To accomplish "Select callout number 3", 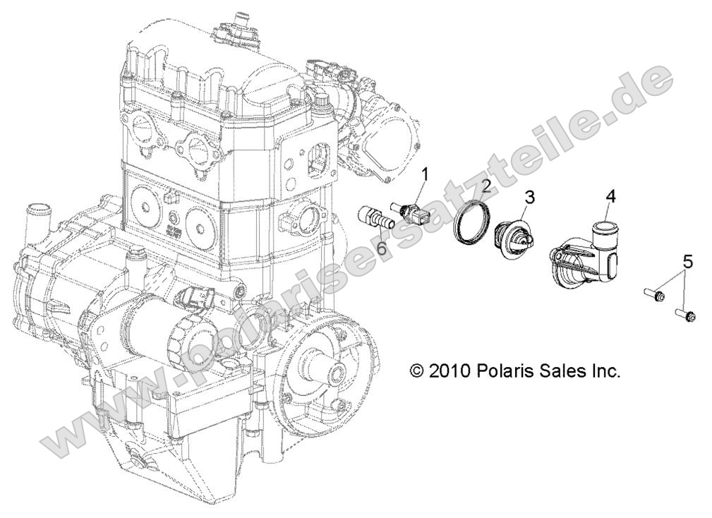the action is (529, 198).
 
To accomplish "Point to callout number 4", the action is (610, 197).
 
